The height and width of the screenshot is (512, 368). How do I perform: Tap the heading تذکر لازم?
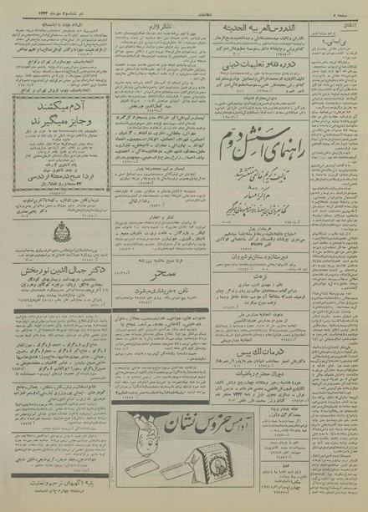pyautogui.click(x=179, y=28)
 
